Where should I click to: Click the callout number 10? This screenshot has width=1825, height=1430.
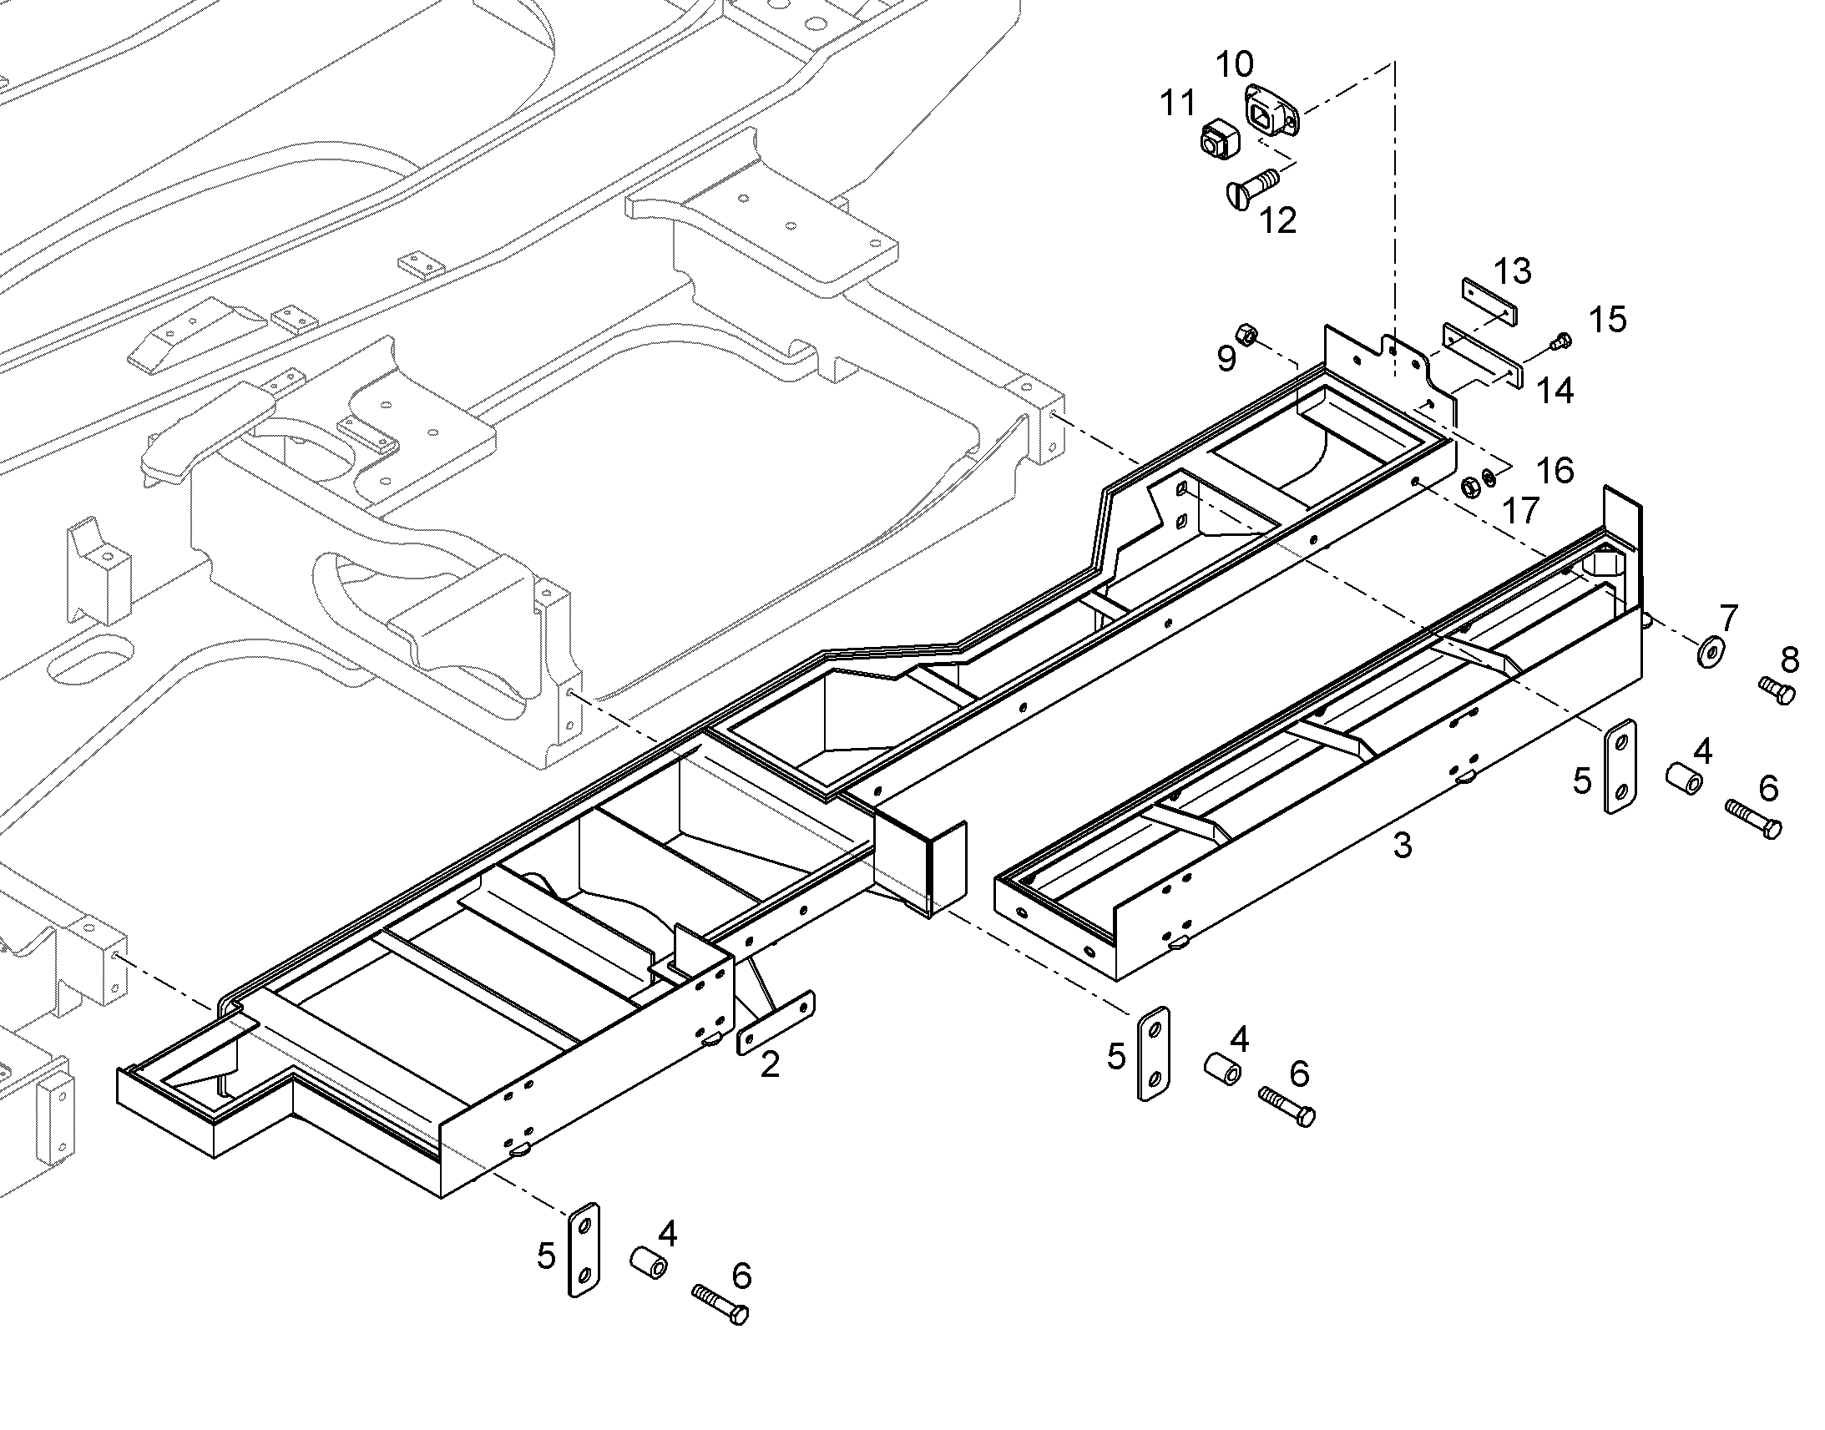(1234, 64)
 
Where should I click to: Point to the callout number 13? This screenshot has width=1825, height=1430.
(1512, 271)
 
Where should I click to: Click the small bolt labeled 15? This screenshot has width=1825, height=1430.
(1562, 340)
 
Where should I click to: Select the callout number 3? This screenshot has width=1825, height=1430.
(1403, 845)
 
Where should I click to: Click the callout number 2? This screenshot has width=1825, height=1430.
(770, 1065)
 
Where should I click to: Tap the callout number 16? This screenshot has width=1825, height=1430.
(1555, 471)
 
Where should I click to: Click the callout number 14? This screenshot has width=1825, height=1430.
(1555, 391)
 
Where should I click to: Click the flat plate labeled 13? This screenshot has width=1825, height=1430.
(1489, 304)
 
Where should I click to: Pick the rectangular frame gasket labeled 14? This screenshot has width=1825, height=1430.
(1480, 356)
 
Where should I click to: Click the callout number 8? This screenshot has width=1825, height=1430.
(1790, 659)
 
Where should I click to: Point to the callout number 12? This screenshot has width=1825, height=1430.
(1277, 220)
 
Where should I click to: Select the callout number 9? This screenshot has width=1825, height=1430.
(1226, 358)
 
